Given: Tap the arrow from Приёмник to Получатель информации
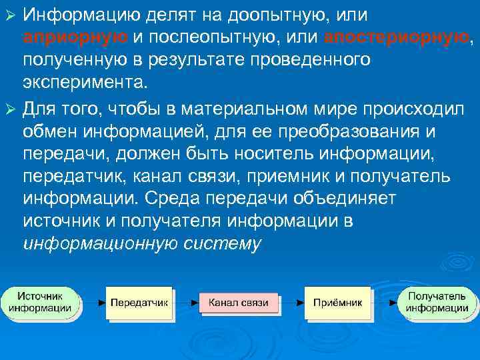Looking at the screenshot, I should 385,303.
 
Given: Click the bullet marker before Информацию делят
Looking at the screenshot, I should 9,14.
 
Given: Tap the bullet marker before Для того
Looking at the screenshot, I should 9,107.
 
